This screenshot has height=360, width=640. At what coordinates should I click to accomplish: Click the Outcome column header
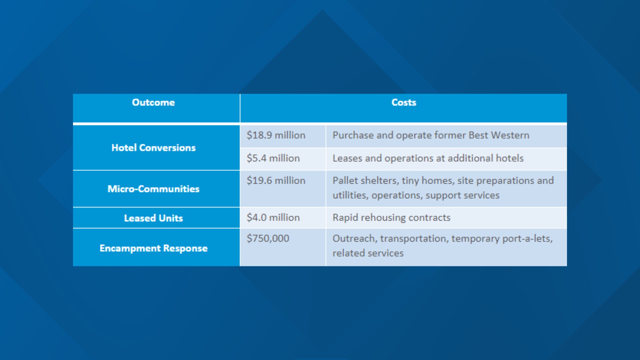[x=153, y=102]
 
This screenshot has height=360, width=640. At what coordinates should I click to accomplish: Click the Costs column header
[x=404, y=102]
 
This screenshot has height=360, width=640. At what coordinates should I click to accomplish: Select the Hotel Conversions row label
[x=153, y=148]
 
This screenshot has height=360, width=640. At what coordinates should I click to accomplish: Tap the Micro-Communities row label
[x=153, y=189]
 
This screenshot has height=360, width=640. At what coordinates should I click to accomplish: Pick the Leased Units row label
[x=153, y=218]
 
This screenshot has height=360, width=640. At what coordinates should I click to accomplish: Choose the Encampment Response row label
[x=153, y=248]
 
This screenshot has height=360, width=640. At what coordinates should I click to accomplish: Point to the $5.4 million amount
[x=273, y=158]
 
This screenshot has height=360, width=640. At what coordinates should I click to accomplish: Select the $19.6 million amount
[x=276, y=180]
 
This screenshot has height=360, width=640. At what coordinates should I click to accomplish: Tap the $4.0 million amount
[x=273, y=217]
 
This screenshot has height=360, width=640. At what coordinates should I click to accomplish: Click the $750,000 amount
[x=268, y=238]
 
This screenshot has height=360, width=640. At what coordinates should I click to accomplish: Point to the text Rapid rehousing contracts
[x=391, y=218]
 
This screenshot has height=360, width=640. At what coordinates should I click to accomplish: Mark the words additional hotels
[x=486, y=158]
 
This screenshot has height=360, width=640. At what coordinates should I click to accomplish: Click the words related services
[x=368, y=253]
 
